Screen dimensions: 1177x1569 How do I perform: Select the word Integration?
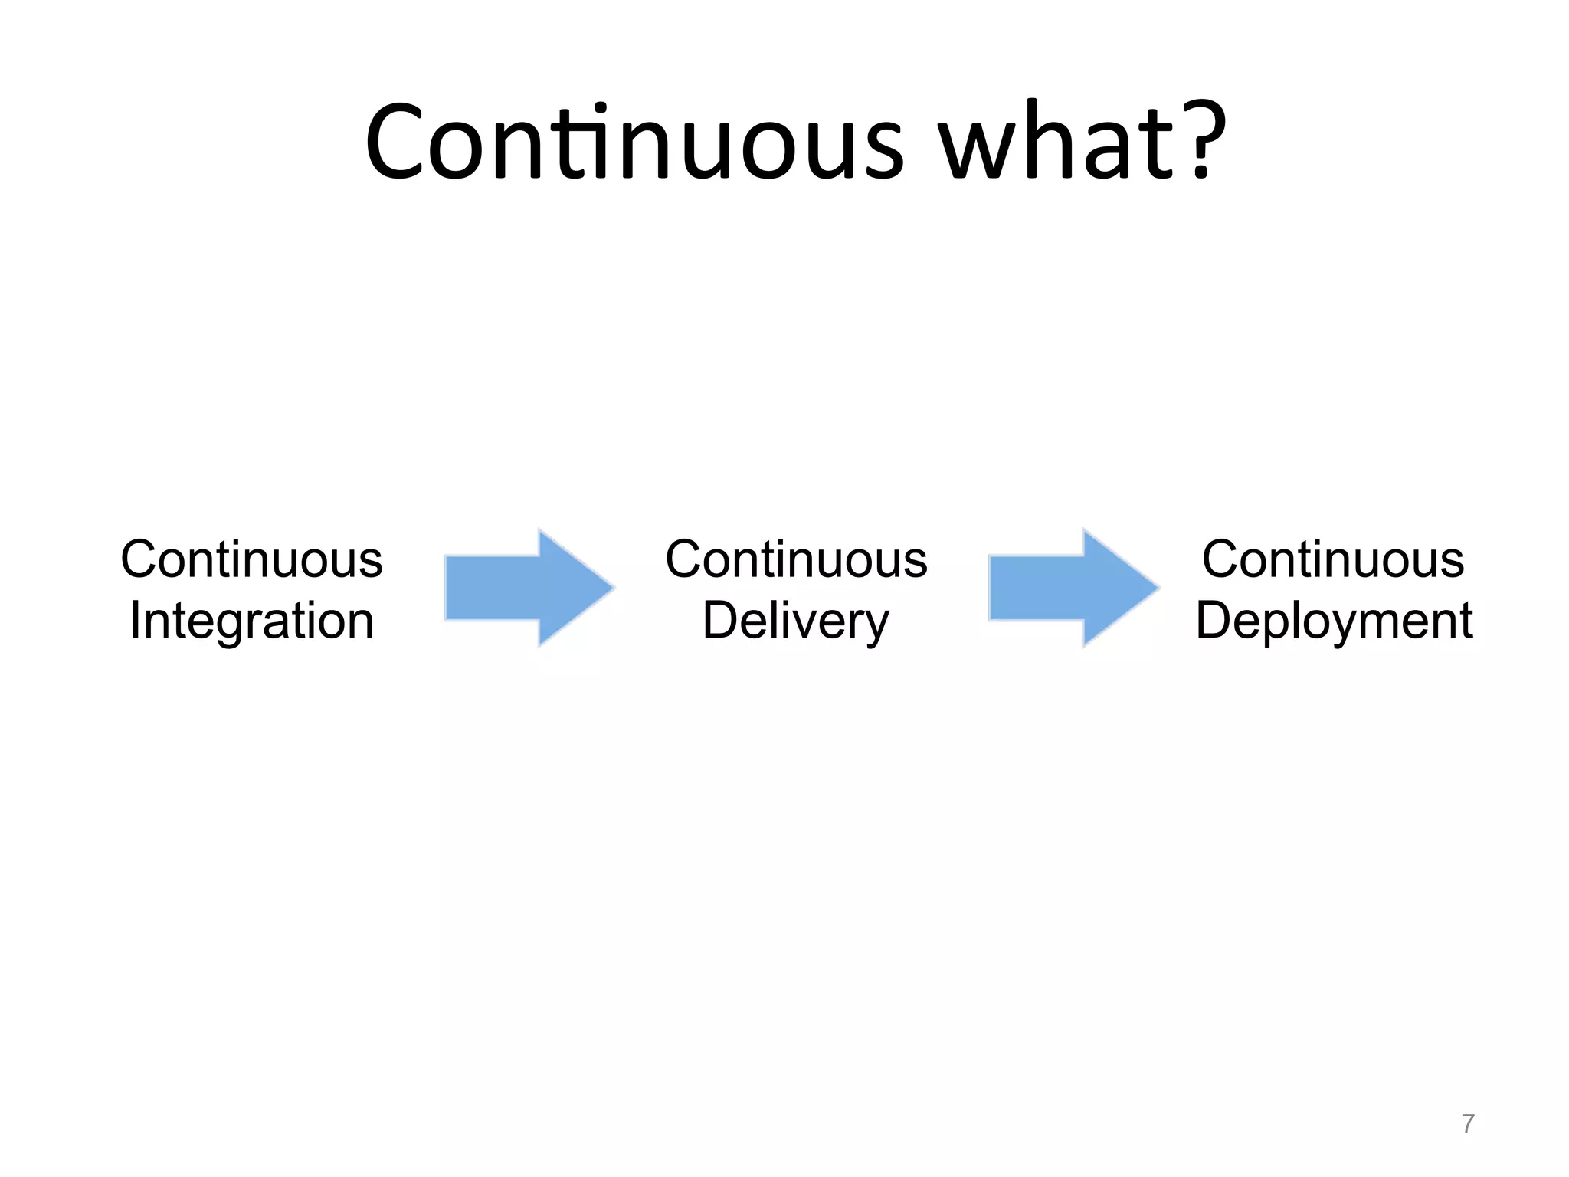click(251, 620)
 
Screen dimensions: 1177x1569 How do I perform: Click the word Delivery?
click(796, 620)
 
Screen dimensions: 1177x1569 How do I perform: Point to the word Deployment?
click(1334, 620)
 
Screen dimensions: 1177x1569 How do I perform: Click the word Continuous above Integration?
click(251, 559)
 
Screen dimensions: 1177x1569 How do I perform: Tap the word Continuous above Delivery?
click(796, 559)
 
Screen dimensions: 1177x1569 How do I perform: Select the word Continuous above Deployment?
click(1333, 559)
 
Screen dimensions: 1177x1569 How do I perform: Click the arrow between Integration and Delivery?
click(529, 588)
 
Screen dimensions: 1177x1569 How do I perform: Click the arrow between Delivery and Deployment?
click(1073, 588)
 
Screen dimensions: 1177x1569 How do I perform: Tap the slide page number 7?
click(1467, 1123)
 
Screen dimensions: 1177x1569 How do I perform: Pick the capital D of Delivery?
click(720, 620)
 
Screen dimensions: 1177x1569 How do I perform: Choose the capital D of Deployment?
click(1214, 620)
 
